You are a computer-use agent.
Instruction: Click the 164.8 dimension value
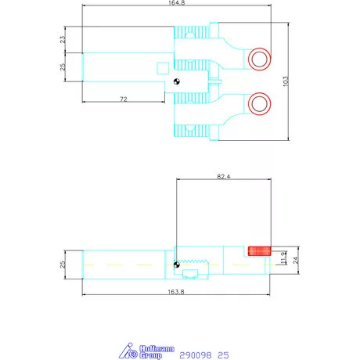176,3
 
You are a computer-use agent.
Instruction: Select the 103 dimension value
286,81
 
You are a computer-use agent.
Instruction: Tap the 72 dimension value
124,99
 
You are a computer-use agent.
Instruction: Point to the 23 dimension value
63,39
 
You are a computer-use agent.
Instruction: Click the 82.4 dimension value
224,177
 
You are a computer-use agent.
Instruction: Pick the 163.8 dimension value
176,292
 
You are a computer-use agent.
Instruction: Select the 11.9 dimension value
283,258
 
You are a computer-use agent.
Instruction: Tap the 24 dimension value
295,260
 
